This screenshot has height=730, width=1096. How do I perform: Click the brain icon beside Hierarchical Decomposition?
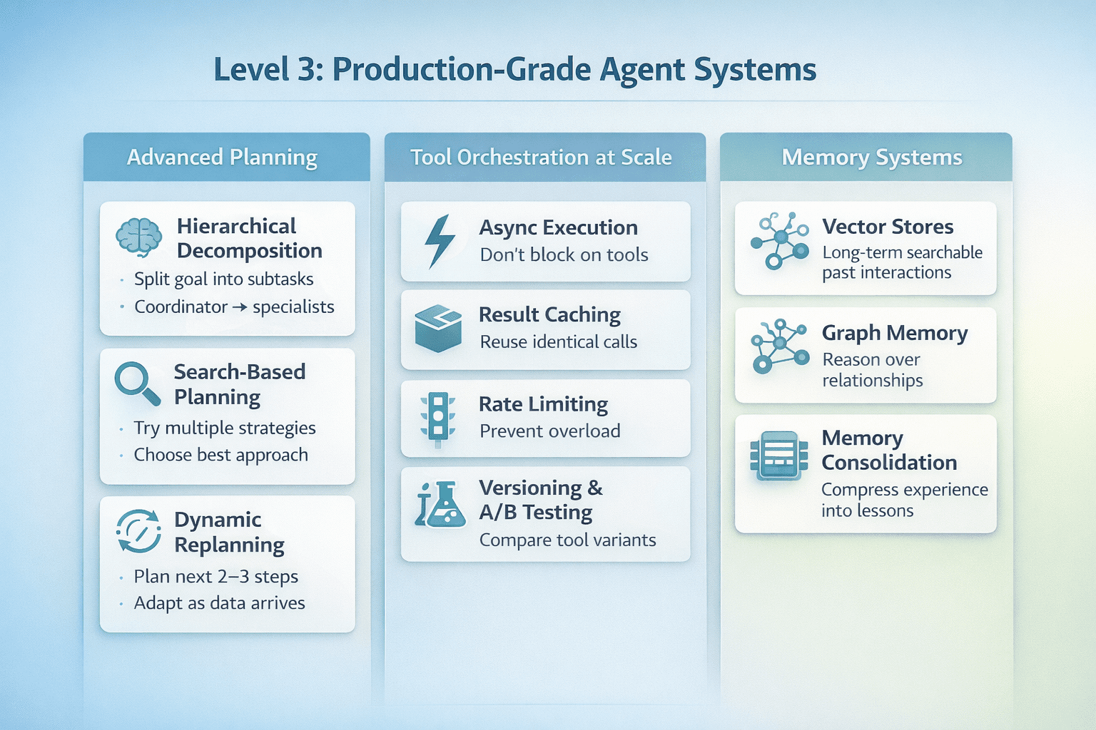click(x=139, y=237)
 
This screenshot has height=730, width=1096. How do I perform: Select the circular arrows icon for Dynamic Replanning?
click(x=138, y=531)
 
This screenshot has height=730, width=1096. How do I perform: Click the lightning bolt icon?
click(x=440, y=241)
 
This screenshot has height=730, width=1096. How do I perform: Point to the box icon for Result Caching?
click(x=438, y=329)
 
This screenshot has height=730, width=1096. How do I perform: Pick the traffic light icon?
click(x=438, y=418)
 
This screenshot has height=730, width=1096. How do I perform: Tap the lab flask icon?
click(x=440, y=505)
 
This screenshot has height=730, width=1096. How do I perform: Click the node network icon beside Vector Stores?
click(x=780, y=240)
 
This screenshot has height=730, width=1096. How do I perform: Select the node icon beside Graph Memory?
click(x=780, y=346)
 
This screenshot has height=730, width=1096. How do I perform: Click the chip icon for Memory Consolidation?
click(x=779, y=455)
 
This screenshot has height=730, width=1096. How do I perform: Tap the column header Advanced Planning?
click(x=222, y=157)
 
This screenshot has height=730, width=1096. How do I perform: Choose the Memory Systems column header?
click(x=872, y=157)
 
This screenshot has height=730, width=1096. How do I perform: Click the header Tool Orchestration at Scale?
click(x=541, y=157)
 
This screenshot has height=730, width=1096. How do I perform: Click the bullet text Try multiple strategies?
click(x=225, y=428)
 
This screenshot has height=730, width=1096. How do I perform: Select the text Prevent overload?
click(x=550, y=431)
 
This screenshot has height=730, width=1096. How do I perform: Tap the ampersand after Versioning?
click(x=595, y=488)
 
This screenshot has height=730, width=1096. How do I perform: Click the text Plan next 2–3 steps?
click(x=216, y=576)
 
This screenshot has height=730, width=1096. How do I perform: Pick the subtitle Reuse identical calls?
click(x=559, y=342)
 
